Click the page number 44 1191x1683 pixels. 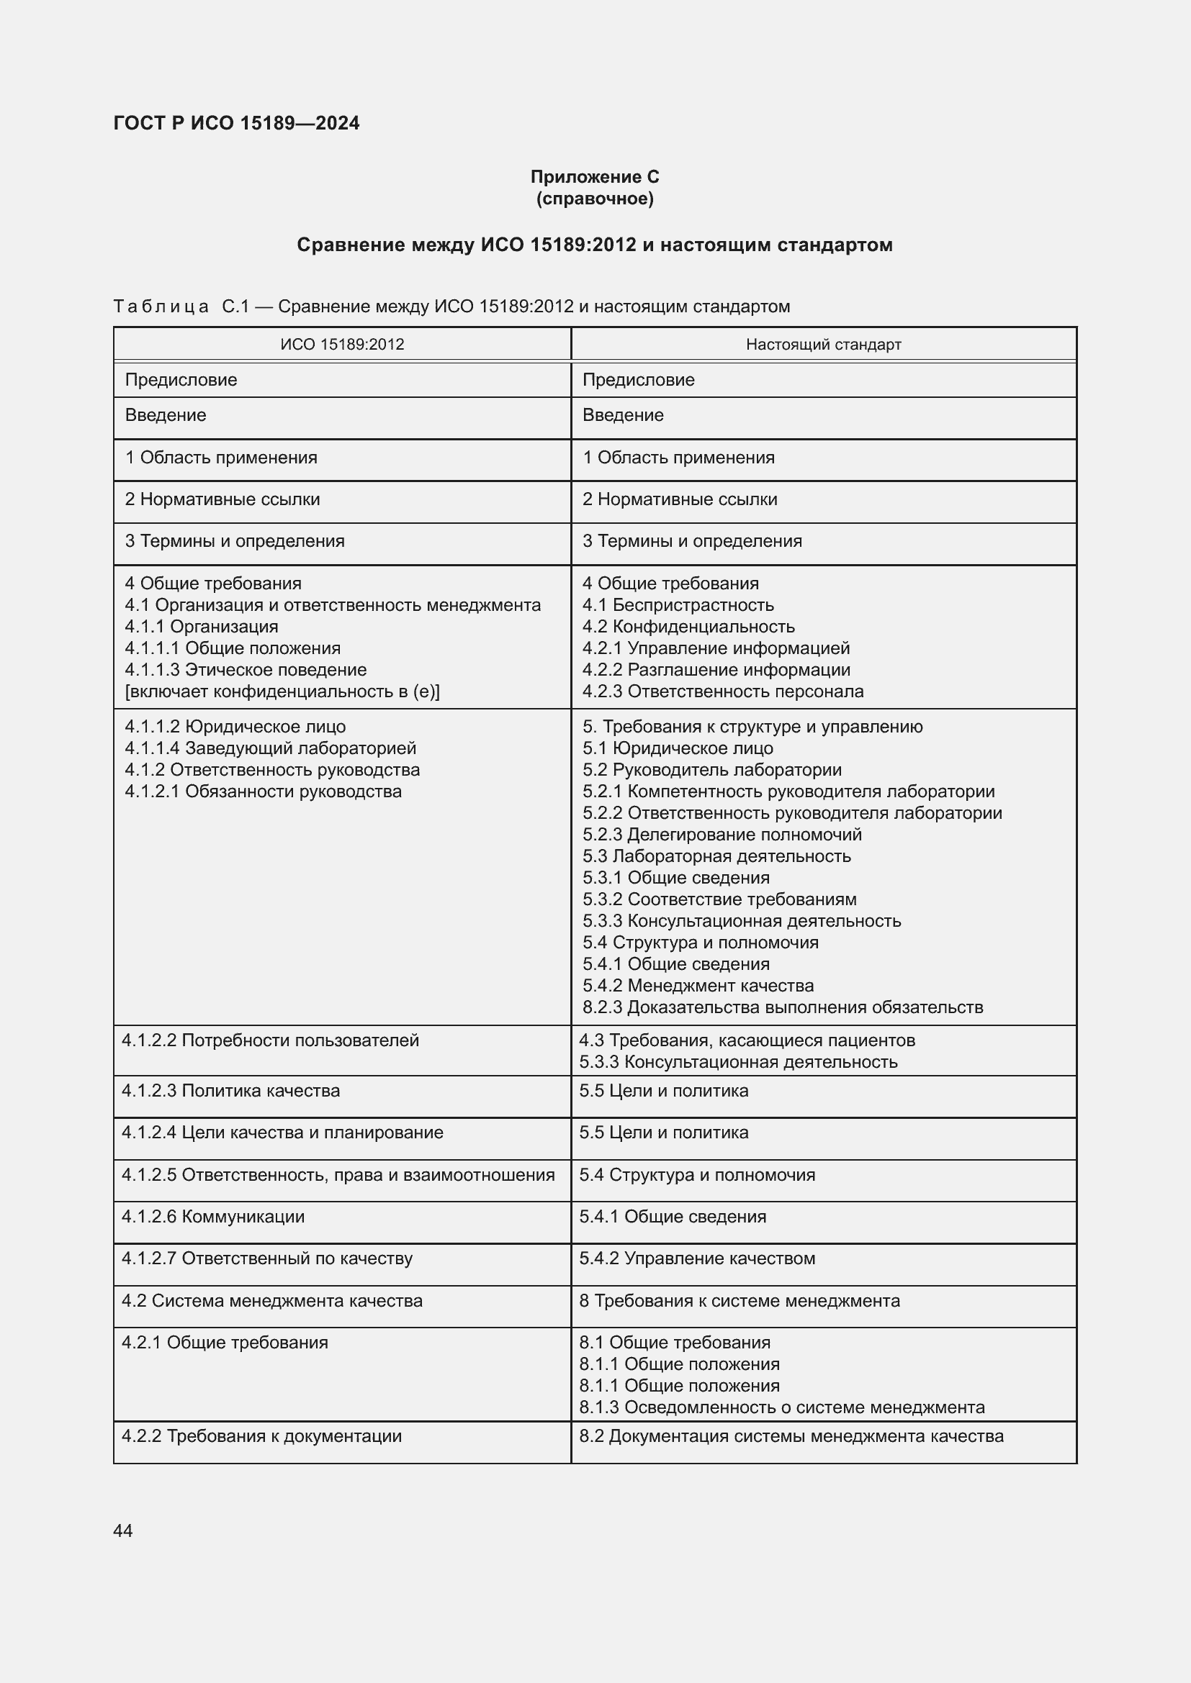pos(123,1530)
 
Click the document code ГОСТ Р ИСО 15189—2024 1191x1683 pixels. pos(236,123)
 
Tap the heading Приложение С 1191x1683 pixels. pos(595,177)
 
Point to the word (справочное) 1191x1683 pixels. pos(595,199)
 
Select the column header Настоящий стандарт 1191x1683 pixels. pos(823,345)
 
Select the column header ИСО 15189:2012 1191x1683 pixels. pos(342,345)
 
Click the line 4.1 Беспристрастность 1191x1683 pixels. pos(678,604)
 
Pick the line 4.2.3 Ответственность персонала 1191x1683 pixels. pos(722,691)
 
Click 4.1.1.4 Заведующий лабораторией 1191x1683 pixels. pos(270,748)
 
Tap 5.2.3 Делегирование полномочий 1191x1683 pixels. pos(722,834)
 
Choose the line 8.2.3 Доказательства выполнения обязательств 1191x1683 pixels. pos(782,1007)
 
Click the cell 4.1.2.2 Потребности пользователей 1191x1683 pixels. pos(270,1040)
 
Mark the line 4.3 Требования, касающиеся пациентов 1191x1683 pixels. pos(747,1040)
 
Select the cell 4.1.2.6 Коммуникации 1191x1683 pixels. pos(212,1216)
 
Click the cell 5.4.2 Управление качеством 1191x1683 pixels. pos(697,1258)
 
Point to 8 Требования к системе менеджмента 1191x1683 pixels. pos(740,1300)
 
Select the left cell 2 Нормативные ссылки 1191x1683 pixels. pos(223,499)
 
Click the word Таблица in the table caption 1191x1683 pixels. pos(161,307)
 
